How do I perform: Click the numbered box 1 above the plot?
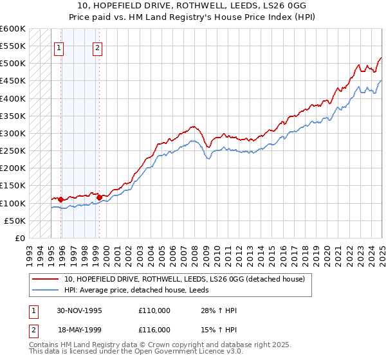coord(59,47)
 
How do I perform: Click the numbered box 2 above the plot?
coord(97,47)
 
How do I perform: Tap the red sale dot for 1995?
coord(60,199)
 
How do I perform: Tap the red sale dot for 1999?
coord(98,197)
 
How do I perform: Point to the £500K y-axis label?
coord(12,64)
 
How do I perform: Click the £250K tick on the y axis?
coord(12,151)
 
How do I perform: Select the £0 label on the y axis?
coord(20,239)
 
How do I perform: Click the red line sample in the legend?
coord(46,279)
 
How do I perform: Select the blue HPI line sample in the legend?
coord(46,290)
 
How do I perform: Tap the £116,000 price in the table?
coord(154,329)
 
